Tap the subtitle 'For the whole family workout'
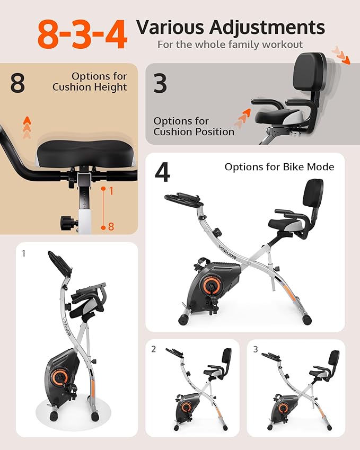[x=230, y=45]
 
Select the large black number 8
[x=17, y=83]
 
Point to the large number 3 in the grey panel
[x=160, y=83]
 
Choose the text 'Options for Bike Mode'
[x=279, y=167]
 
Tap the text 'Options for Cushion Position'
[x=194, y=126]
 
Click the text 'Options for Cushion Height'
[x=90, y=82]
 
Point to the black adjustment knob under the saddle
[x=68, y=220]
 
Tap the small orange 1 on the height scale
[x=111, y=191]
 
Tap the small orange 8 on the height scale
[x=111, y=226]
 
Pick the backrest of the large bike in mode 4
[x=312, y=193]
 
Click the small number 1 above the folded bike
[x=24, y=254]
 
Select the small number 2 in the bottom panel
[x=154, y=349]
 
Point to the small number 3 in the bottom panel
[x=256, y=349]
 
